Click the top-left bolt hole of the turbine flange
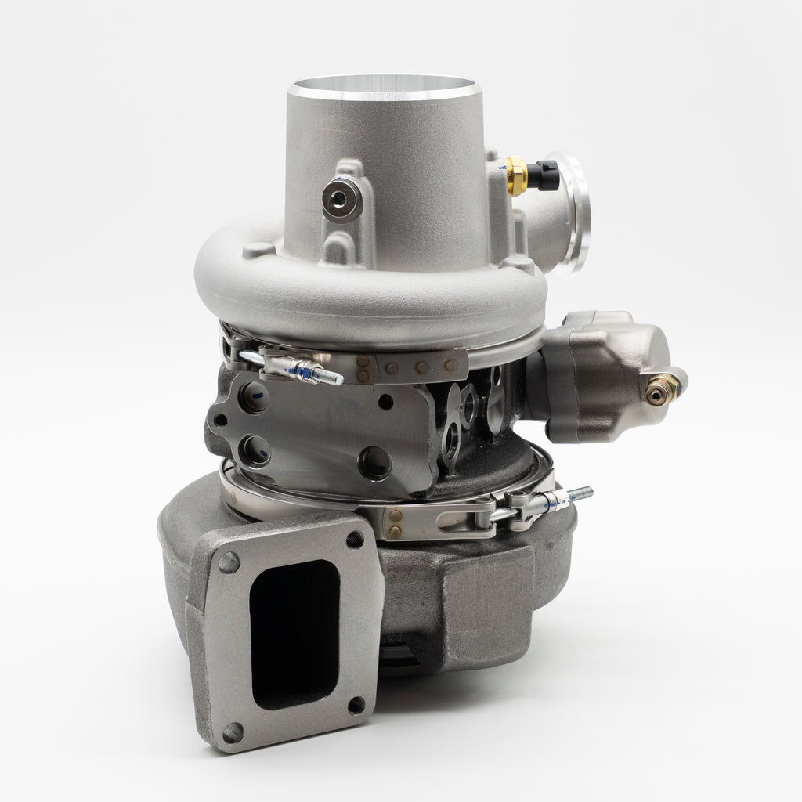229,562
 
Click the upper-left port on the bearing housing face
254,399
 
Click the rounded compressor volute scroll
368,290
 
